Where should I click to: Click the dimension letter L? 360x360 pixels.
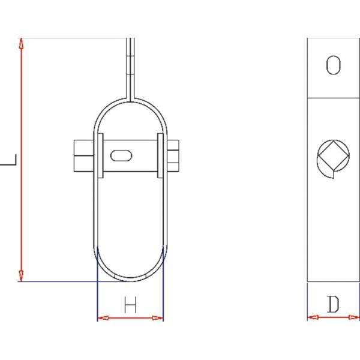9,160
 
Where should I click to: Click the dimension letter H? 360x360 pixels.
130,305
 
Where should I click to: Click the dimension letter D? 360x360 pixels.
333,304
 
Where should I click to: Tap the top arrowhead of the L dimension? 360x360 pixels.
21,43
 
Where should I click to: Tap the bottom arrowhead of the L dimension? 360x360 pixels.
21,276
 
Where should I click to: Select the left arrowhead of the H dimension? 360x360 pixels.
103,318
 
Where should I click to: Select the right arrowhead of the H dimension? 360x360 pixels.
158,318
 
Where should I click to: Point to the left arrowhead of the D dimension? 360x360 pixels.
313,317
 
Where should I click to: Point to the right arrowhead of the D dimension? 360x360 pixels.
354,317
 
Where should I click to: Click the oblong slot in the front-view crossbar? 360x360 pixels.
121,155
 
